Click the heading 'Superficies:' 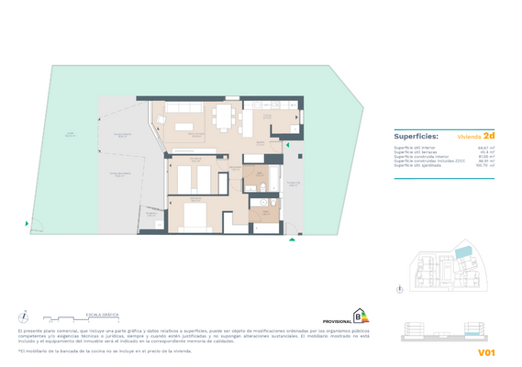click(x=416, y=135)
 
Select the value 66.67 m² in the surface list click(x=486, y=147)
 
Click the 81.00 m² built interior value click(x=486, y=156)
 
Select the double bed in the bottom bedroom click(x=194, y=217)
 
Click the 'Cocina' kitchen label click(x=267, y=117)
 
